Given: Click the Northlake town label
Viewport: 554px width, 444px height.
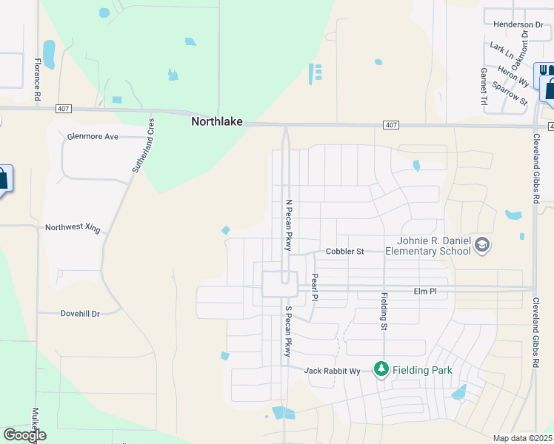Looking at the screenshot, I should pos(217,121).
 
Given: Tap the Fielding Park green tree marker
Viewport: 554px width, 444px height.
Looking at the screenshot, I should pos(381,369).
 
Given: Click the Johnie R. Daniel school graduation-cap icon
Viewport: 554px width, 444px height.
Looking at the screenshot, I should pos(482,245).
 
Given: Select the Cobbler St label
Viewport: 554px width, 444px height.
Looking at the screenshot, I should pos(345,252).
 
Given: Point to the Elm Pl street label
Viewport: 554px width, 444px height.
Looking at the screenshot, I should pos(425,292).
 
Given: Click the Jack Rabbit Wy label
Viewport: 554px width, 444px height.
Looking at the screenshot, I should pos(332,371).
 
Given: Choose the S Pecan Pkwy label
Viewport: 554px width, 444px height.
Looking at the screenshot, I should pos(289,331).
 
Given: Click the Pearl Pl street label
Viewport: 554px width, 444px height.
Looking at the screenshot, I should pos(315,287).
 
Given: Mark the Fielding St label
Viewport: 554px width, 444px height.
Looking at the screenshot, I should pos(384,311).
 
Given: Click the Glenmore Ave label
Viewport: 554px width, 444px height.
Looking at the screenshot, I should pos(93,137).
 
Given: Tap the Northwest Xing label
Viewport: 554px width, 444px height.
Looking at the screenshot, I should pos(72,228).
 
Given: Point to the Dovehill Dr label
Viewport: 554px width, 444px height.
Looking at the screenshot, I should pos(79,314).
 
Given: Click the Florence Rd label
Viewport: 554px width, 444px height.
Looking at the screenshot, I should pos(37,81).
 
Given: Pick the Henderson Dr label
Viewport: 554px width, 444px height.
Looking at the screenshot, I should pos(518,24).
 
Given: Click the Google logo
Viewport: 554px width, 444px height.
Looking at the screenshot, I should pos(25,434).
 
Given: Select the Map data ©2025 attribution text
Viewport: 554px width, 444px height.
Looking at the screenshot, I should pos(522,438).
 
